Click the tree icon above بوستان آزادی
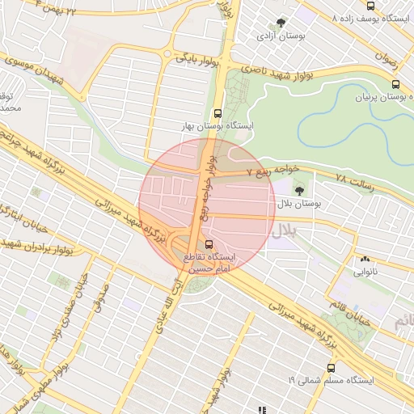281,23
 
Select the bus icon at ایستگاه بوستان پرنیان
395,83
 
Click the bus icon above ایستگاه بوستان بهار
216,114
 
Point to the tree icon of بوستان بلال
299,192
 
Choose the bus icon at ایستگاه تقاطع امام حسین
209,243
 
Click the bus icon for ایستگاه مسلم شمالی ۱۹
331,367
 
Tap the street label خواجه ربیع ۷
276,171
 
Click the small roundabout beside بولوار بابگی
167,55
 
